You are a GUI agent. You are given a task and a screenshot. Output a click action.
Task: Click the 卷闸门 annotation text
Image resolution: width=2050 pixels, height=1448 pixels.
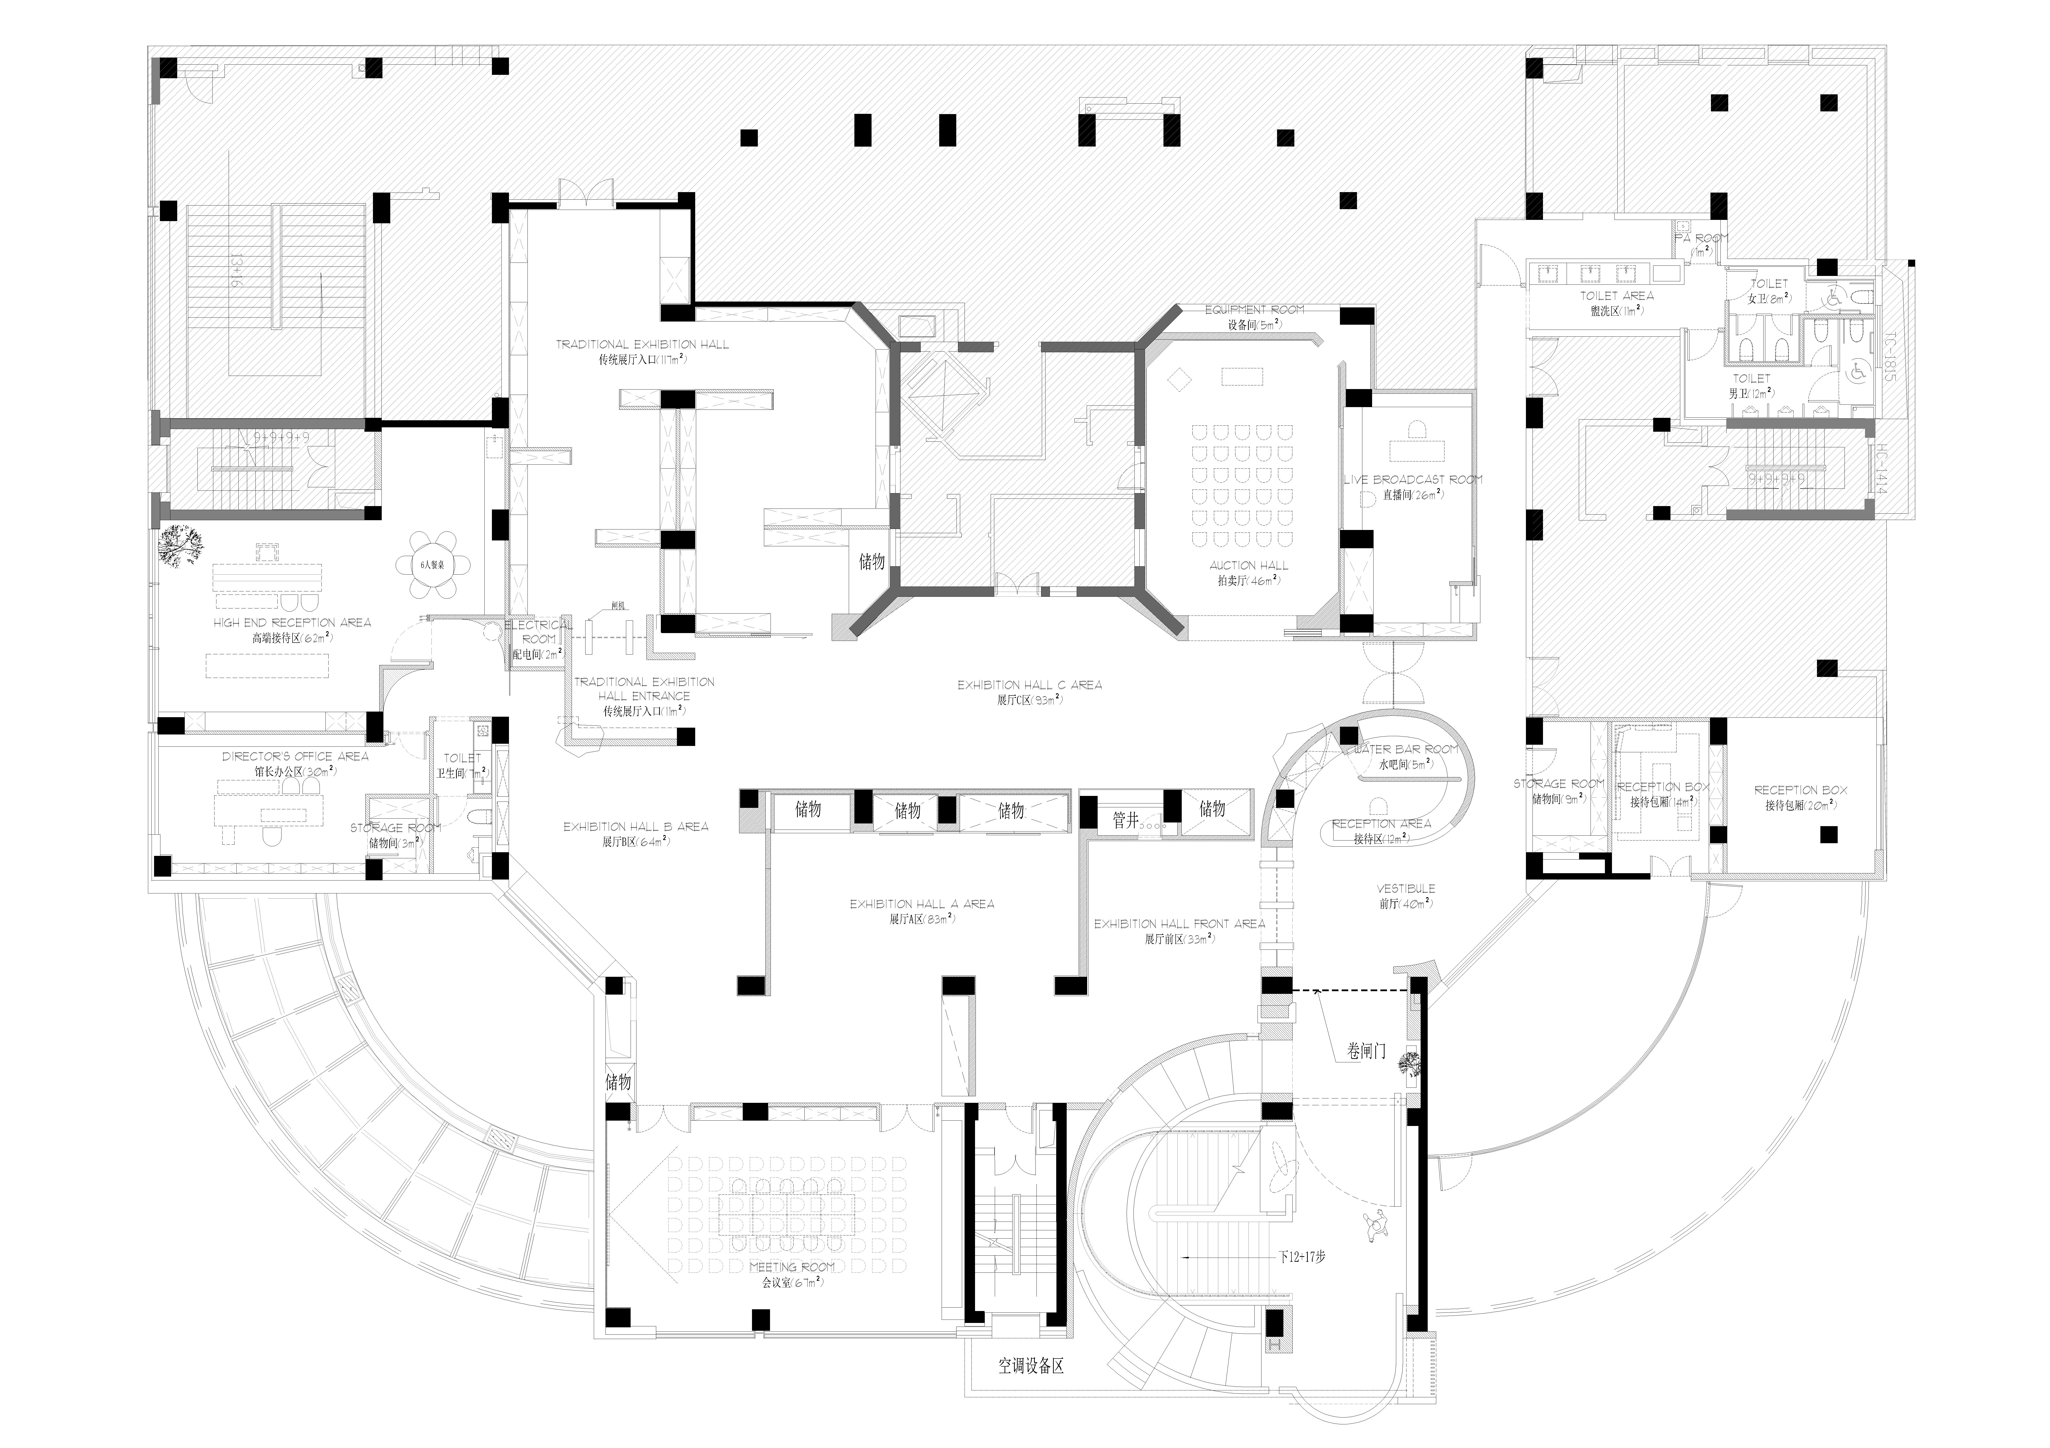[1366, 1052]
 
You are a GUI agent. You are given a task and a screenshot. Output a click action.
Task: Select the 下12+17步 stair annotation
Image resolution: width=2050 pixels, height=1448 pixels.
[1302, 1257]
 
